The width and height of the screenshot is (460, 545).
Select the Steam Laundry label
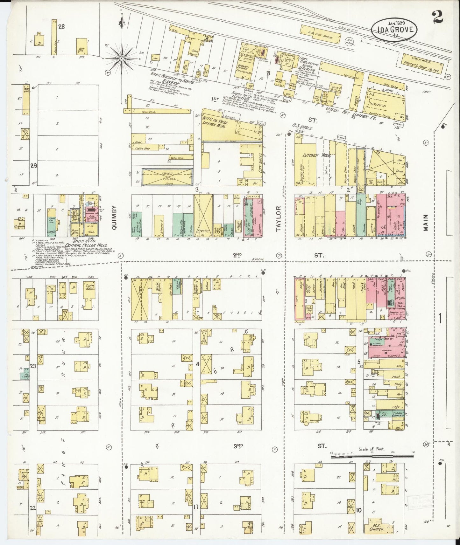(x=398, y=415)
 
